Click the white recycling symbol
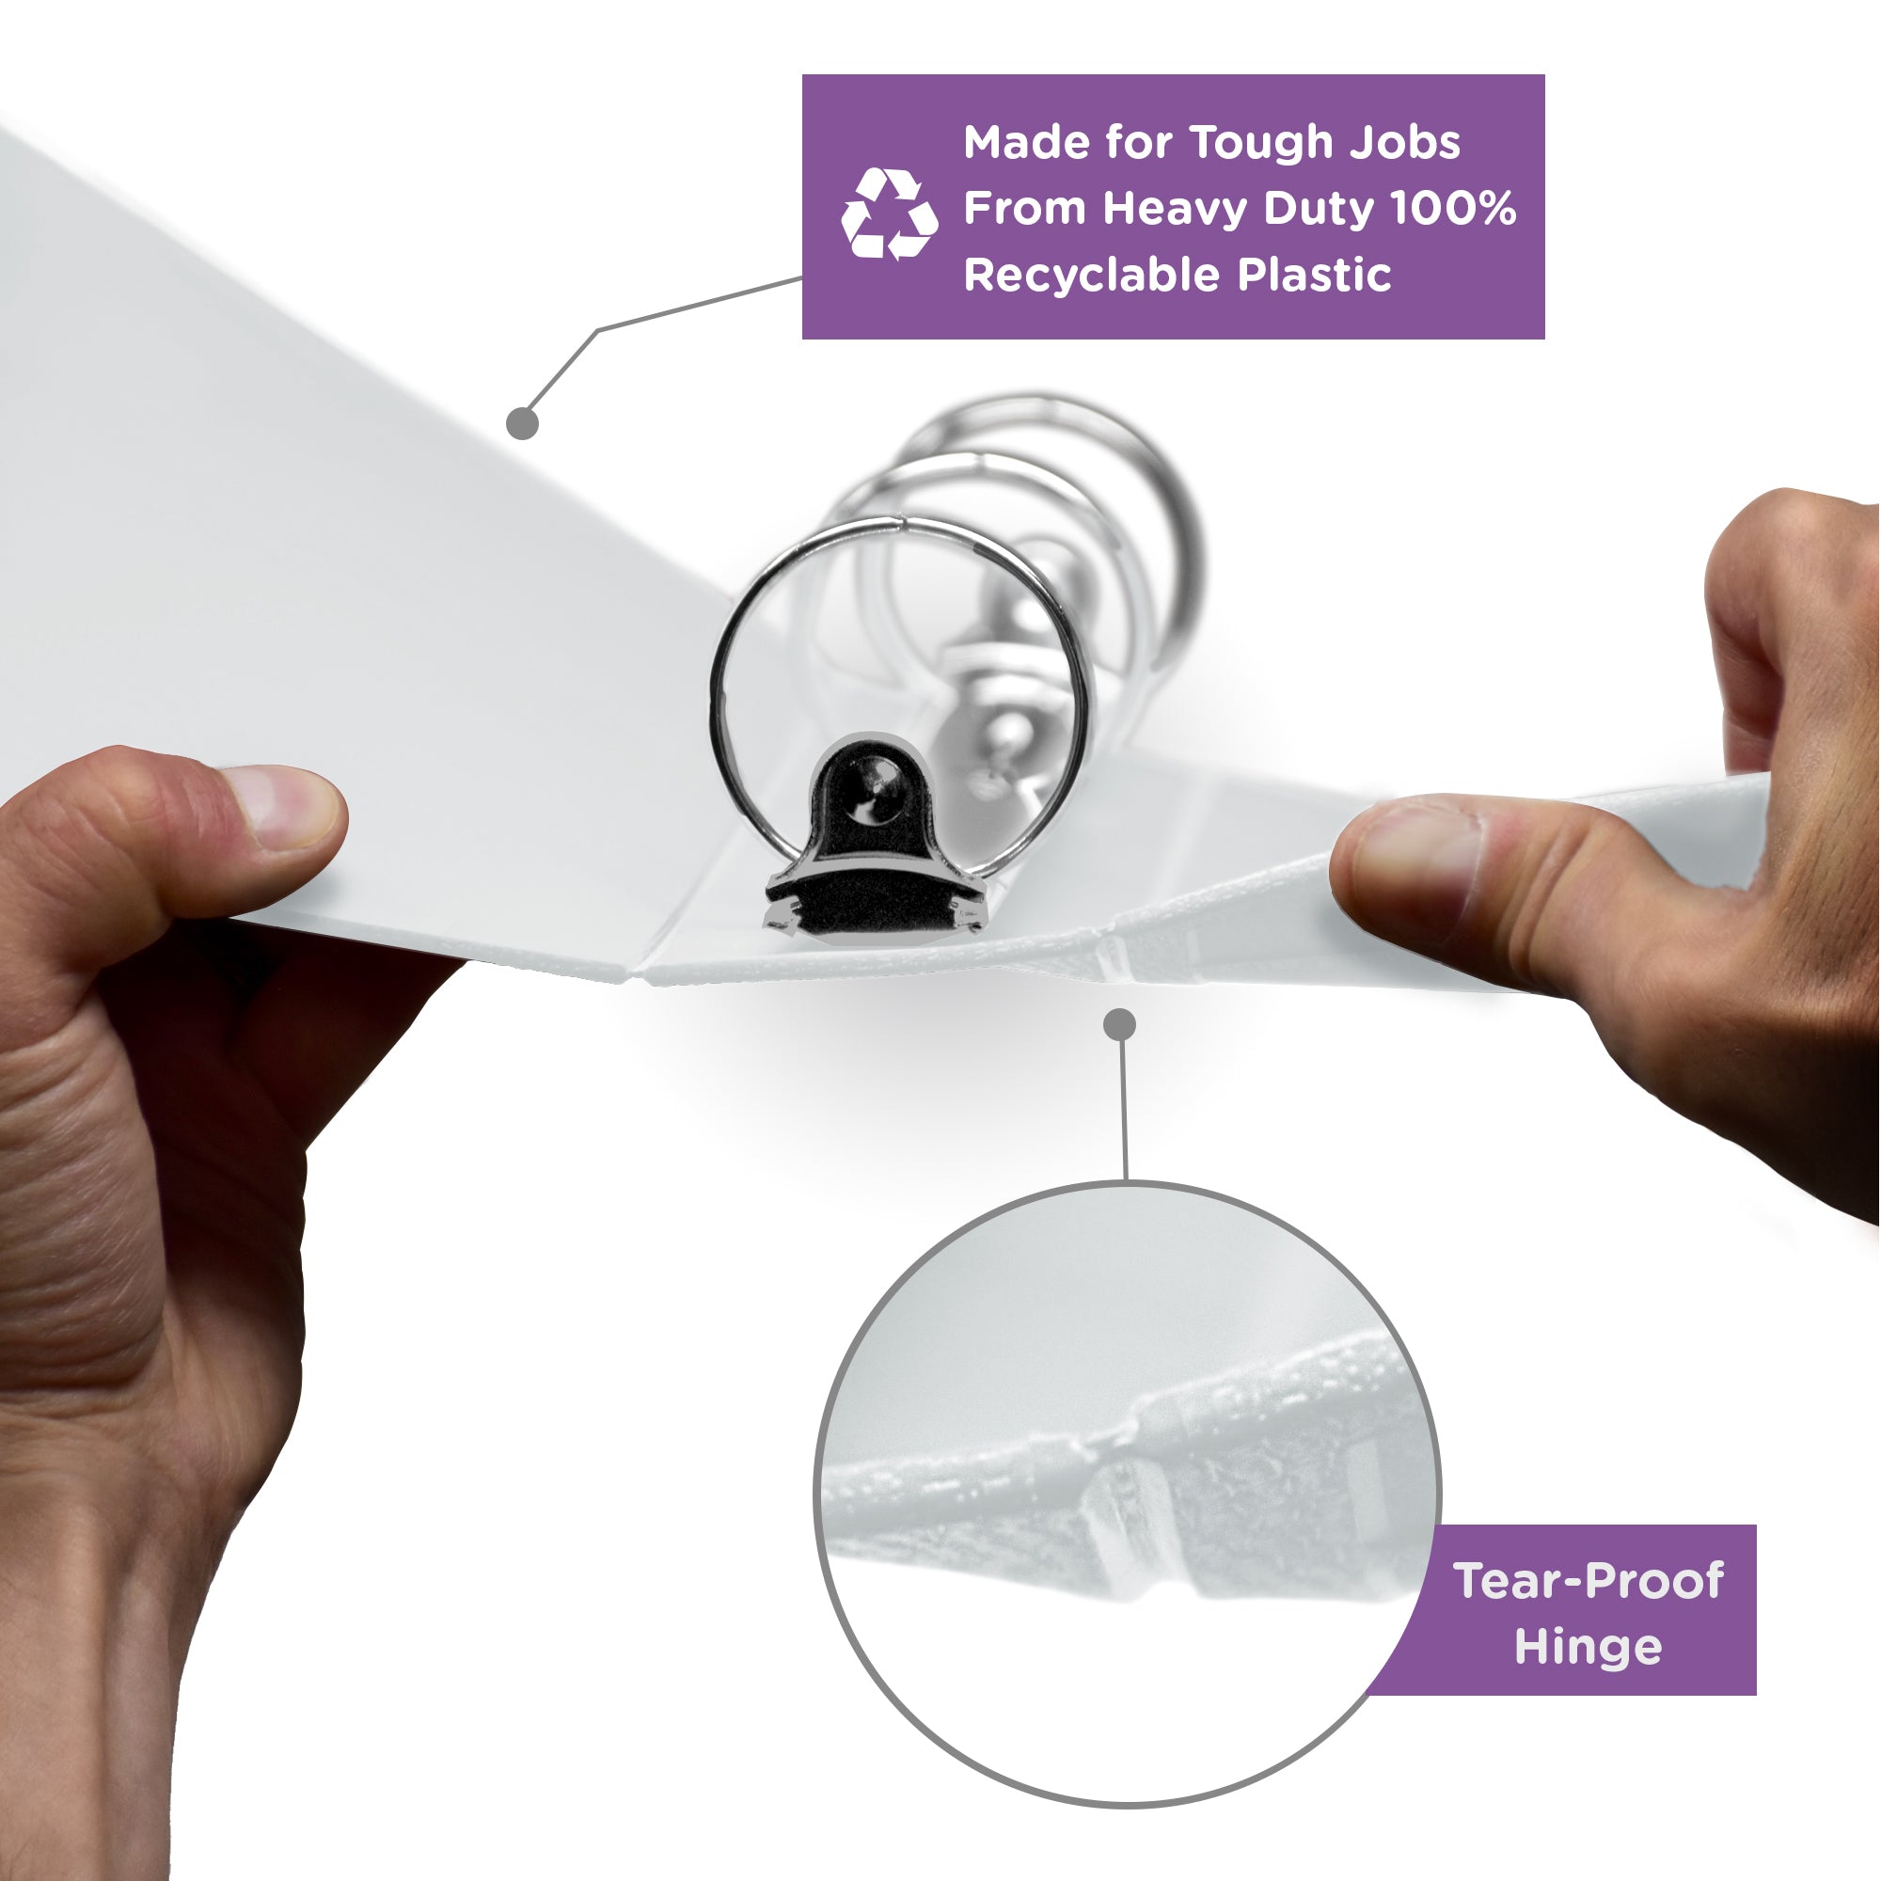click(889, 214)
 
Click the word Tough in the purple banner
click(1261, 143)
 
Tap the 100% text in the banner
click(1453, 209)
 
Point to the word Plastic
click(1315, 276)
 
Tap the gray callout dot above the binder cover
click(523, 422)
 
